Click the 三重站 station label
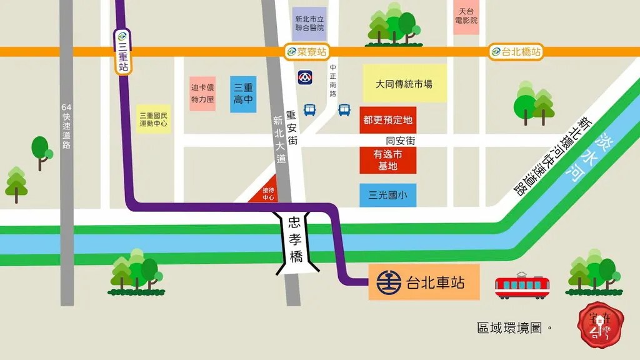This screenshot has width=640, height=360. (122, 52)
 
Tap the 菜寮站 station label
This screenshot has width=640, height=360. (306, 52)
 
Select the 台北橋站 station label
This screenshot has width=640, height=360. (516, 52)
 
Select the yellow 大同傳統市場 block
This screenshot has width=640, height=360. (404, 84)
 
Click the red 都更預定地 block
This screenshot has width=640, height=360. (388, 119)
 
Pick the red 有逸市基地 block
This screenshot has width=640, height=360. (388, 160)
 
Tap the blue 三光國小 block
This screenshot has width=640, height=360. (388, 195)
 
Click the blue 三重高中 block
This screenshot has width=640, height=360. (242, 94)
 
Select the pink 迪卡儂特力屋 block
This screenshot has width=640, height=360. (202, 94)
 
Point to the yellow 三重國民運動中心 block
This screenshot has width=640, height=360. (153, 119)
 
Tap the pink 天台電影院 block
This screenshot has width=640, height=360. (467, 16)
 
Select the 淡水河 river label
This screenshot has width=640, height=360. (587, 157)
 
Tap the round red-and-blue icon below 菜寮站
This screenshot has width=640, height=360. (305, 78)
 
